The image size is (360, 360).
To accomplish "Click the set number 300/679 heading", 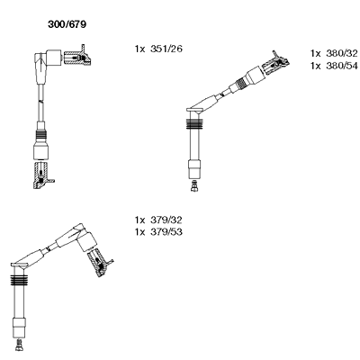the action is click(67, 24).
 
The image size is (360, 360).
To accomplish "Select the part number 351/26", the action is click(166, 49).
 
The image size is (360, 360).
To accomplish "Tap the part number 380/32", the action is click(342, 53).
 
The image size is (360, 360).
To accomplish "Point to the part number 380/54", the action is click(342, 66).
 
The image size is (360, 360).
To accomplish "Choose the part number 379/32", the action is click(166, 220).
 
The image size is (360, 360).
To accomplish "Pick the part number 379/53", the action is click(166, 232).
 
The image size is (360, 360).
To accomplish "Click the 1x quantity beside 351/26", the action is click(140, 49).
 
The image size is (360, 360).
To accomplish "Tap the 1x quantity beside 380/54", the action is click(316, 66).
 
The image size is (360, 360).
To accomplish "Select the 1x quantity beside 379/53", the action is click(140, 232).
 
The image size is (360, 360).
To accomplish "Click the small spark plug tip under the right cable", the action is click(194, 186).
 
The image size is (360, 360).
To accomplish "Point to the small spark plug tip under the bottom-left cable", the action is click(19, 345).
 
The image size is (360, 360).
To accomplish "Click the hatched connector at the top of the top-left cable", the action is click(77, 57).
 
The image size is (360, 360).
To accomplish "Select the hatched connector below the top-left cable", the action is click(41, 175).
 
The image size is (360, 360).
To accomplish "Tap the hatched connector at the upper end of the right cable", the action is click(275, 64).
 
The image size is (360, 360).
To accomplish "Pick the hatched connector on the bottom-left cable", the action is click(99, 262).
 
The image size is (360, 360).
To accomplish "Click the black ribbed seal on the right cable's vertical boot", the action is click(194, 124).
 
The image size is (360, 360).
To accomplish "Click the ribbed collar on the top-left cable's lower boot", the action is click(40, 138).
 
